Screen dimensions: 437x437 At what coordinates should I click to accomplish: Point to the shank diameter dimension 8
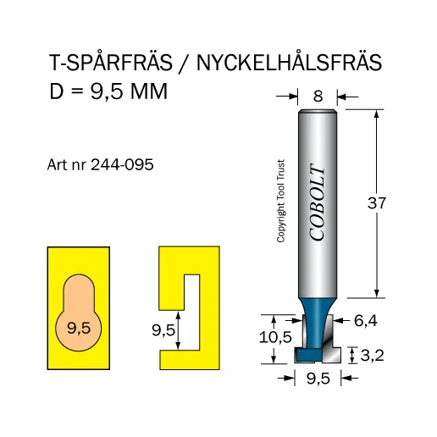point(318,97)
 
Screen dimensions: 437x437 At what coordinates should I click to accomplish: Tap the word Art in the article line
point(56,166)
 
